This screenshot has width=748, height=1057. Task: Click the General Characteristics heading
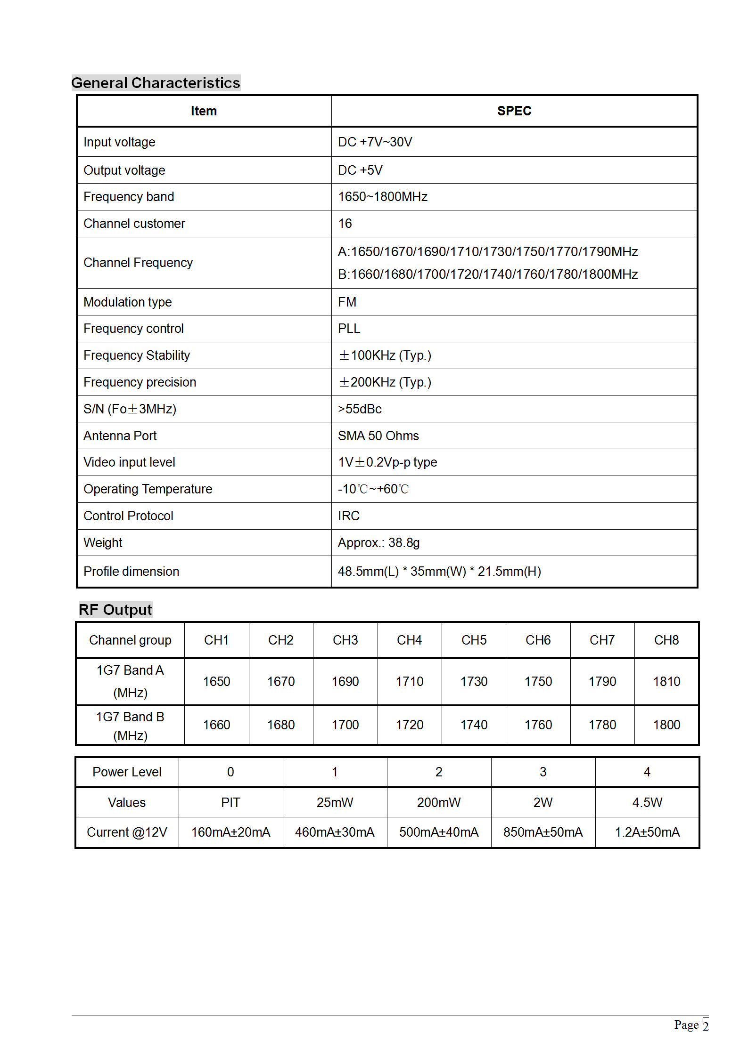[156, 83]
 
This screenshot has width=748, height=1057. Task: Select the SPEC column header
[514, 111]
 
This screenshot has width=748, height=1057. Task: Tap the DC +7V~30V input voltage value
[375, 142]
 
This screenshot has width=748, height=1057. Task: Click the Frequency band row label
[129, 197]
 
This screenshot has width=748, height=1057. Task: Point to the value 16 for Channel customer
[345, 224]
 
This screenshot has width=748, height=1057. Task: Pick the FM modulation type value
[347, 302]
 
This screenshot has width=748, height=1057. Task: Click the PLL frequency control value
[349, 329]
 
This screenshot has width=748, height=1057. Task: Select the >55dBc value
[360, 409]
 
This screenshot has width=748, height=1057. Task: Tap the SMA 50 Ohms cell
[378, 436]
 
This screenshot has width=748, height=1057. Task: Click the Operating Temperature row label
[148, 489]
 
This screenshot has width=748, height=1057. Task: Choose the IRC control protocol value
[348, 516]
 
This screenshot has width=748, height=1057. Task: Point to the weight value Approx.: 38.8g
[378, 543]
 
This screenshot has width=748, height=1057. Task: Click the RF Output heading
[115, 610]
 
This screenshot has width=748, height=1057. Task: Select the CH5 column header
[474, 640]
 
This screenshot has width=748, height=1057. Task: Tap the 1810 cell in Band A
[666, 682]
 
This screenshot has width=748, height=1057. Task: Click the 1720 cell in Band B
[410, 725]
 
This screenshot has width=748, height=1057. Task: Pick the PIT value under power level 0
[230, 803]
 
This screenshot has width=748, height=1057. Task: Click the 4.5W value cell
[647, 803]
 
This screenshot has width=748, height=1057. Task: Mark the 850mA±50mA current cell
[543, 832]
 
